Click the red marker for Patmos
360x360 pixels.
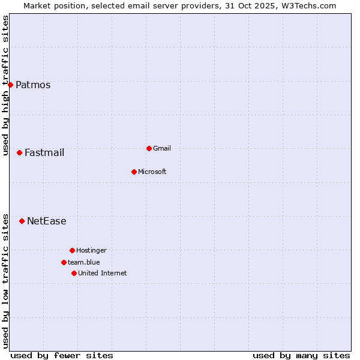(x=10, y=85)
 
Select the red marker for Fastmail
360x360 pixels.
(x=19, y=152)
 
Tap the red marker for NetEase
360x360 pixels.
(x=22, y=221)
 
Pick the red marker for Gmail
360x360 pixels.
(x=149, y=148)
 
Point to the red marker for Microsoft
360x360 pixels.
(x=134, y=172)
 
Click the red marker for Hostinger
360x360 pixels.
(x=72, y=250)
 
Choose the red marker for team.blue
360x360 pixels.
(x=64, y=262)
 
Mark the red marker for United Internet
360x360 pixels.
(x=74, y=273)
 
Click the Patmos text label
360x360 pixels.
(x=33, y=85)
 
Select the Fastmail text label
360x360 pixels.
(x=44, y=152)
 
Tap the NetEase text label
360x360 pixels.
(x=47, y=221)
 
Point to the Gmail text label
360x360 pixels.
(x=162, y=148)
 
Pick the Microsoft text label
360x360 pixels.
(x=152, y=172)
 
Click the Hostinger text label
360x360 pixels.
(x=91, y=250)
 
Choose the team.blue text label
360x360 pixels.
(x=84, y=262)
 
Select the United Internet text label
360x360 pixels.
(x=103, y=273)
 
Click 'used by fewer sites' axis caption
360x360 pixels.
(x=62, y=355)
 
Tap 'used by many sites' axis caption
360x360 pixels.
(x=301, y=355)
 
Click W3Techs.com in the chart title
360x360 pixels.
(x=307, y=5)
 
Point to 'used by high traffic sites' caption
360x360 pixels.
(x=5, y=85)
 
